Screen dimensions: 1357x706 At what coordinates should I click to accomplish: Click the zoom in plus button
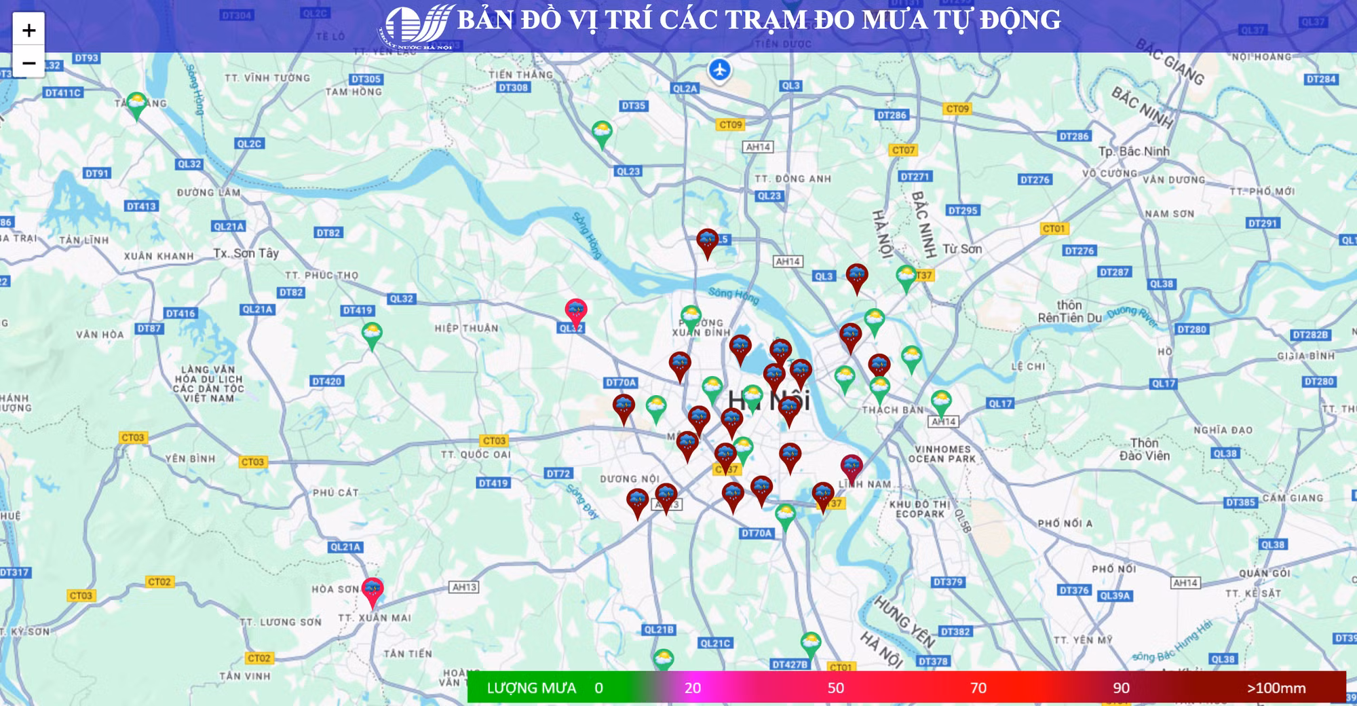[x=28, y=30]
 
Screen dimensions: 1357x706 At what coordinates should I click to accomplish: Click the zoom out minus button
[x=28, y=63]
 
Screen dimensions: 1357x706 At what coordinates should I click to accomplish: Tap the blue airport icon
[x=719, y=69]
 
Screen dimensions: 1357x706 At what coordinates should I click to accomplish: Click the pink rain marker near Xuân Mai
[x=372, y=590]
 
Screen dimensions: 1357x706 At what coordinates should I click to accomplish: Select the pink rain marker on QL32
[x=576, y=312]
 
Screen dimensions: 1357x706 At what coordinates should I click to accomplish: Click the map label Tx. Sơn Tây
[x=246, y=253]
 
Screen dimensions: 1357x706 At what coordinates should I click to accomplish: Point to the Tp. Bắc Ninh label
[x=1134, y=151]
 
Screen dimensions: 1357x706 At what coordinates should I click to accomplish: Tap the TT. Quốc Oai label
[x=476, y=454]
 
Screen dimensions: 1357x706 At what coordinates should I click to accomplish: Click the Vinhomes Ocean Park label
[x=942, y=453]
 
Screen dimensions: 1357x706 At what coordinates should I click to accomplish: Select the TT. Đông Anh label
[x=792, y=179]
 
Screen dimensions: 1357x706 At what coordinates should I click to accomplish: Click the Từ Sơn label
[x=962, y=249]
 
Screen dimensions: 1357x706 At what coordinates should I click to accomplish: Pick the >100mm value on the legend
[x=1276, y=688]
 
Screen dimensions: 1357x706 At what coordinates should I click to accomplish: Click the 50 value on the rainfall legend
[x=835, y=688]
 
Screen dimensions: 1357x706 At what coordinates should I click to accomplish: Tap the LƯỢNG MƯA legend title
[x=531, y=688]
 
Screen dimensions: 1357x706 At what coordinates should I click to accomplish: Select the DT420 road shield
[x=326, y=382]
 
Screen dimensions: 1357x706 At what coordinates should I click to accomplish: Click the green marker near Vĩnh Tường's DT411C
[x=136, y=105]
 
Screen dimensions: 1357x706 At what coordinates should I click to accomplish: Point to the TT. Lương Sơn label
[x=280, y=622]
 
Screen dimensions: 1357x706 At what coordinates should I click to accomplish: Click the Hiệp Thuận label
[x=466, y=329]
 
